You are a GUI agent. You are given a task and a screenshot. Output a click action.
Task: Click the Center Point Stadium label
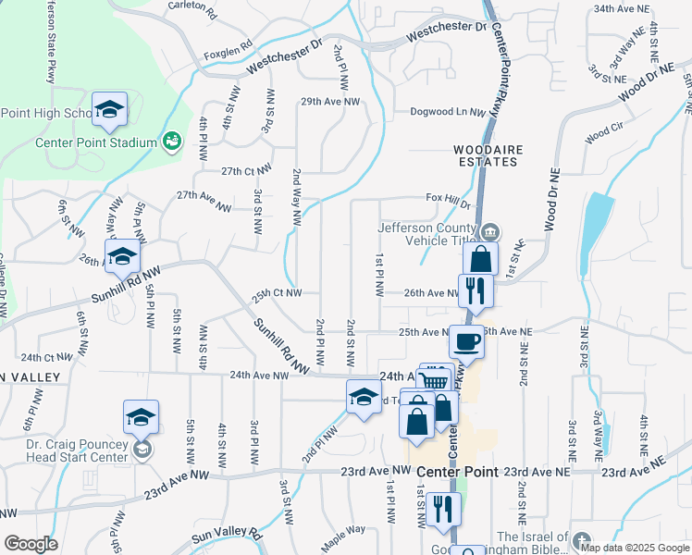[95, 142]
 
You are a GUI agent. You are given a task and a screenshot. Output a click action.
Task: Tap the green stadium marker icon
[171, 142]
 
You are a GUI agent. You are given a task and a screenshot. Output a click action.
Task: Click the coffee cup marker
[465, 341]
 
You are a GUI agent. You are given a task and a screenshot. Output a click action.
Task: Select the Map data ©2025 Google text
[635, 548]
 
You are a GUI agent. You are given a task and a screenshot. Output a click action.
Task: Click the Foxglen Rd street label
[229, 44]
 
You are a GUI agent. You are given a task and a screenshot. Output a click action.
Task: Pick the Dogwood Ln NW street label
[449, 113]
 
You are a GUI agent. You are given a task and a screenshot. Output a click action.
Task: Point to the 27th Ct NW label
[246, 171]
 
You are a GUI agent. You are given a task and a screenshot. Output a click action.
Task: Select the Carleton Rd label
[192, 10]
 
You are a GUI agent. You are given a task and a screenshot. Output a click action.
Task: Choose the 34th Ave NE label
[622, 8]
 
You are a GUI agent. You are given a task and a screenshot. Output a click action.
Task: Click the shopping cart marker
[433, 379]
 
